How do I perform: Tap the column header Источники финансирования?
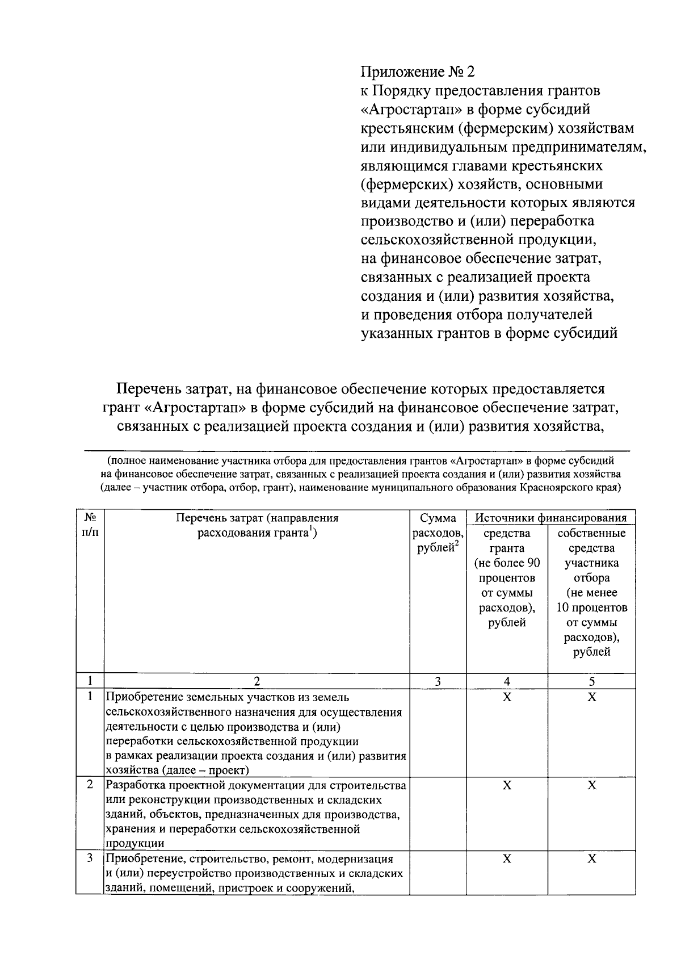550,517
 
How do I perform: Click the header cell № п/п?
90,525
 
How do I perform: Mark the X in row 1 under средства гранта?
507,697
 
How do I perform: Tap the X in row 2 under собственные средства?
591,785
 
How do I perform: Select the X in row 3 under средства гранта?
507,859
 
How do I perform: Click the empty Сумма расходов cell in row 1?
438,732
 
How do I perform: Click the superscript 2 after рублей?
456,544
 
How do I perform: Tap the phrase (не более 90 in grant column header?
507,563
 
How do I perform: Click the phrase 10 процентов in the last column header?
591,608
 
